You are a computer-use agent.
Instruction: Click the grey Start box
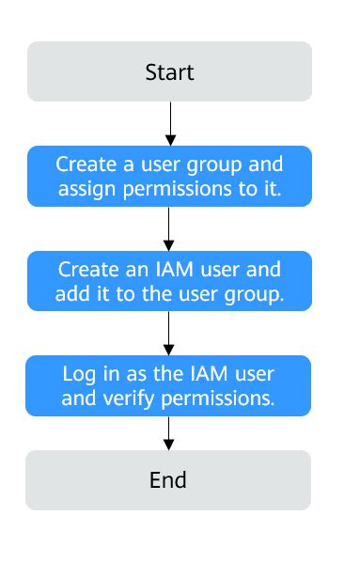pyautogui.click(x=169, y=71)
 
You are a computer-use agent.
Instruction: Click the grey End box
pyautogui.click(x=168, y=480)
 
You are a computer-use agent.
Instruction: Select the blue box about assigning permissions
pyautogui.click(x=169, y=177)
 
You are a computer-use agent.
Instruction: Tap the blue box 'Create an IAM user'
pyautogui.click(x=169, y=281)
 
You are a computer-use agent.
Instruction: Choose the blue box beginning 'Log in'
pyautogui.click(x=168, y=384)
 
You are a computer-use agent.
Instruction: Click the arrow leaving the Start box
pyautogui.click(x=169, y=122)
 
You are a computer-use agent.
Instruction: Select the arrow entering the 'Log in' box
pyautogui.click(x=169, y=332)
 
